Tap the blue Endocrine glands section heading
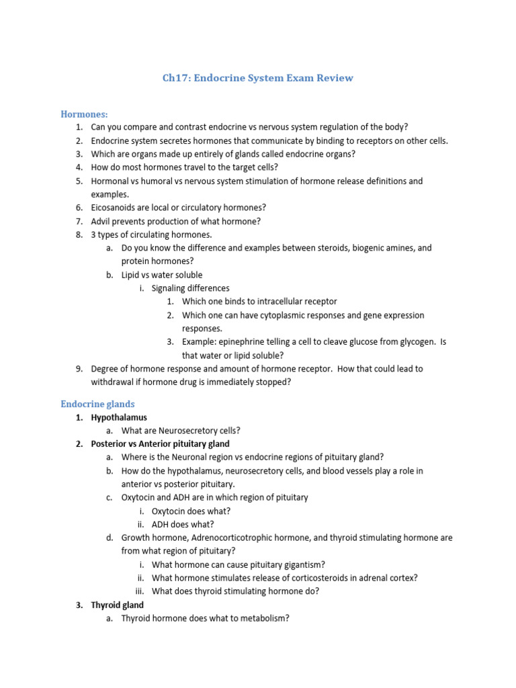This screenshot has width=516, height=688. [97, 404]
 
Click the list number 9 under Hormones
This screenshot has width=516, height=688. [79, 369]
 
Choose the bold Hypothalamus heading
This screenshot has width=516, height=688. [119, 417]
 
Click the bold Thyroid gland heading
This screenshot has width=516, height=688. [118, 605]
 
